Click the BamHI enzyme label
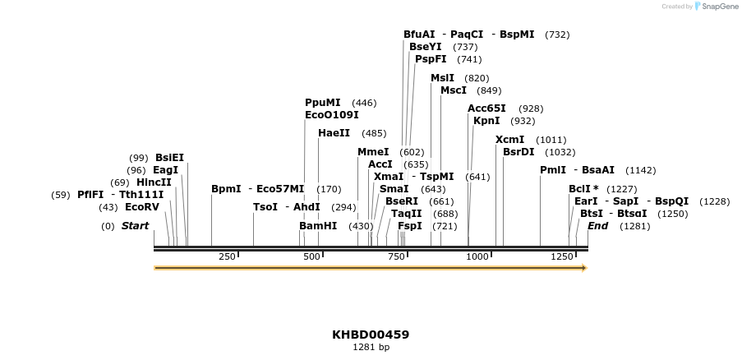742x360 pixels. (318, 226)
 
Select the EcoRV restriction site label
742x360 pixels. (141, 207)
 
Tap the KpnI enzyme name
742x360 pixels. (486, 121)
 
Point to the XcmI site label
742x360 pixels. (509, 140)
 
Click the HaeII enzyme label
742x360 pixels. (334, 133)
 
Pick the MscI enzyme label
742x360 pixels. (454, 90)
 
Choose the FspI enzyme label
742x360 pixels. (409, 226)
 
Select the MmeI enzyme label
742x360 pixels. (373, 152)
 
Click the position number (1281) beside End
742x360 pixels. (634, 226)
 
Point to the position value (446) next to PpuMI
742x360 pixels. (364, 103)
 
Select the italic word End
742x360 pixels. (597, 226)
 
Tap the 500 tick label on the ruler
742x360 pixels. (312, 257)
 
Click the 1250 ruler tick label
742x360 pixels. (562, 257)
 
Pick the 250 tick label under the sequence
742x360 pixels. (227, 257)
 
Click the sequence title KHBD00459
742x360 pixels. (371, 335)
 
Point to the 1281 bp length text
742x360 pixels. (371, 348)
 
